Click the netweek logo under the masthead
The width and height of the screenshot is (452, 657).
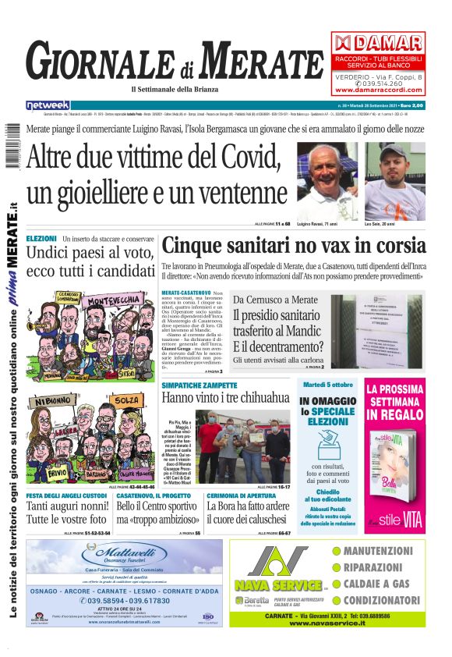[x=48, y=105]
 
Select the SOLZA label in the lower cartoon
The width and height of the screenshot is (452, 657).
[x=129, y=400]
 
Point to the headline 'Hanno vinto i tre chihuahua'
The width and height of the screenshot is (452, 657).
[x=225, y=398]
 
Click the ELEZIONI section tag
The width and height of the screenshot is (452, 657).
[x=41, y=238]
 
